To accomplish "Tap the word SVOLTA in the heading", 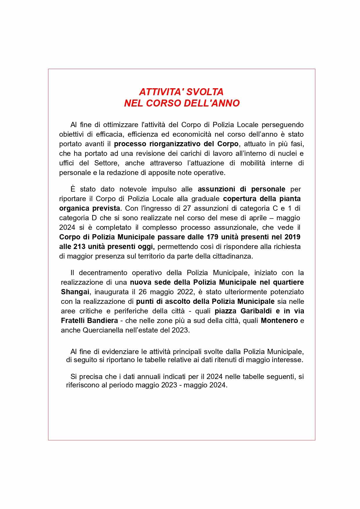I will pyautogui.click(x=205, y=92).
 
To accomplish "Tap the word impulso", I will pyautogui.click(x=164, y=189).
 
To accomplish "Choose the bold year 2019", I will pyautogui.click(x=292, y=237).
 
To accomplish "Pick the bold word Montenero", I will pyautogui.click(x=279, y=321).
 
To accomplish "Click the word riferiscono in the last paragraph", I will pyautogui.click(x=85, y=385).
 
